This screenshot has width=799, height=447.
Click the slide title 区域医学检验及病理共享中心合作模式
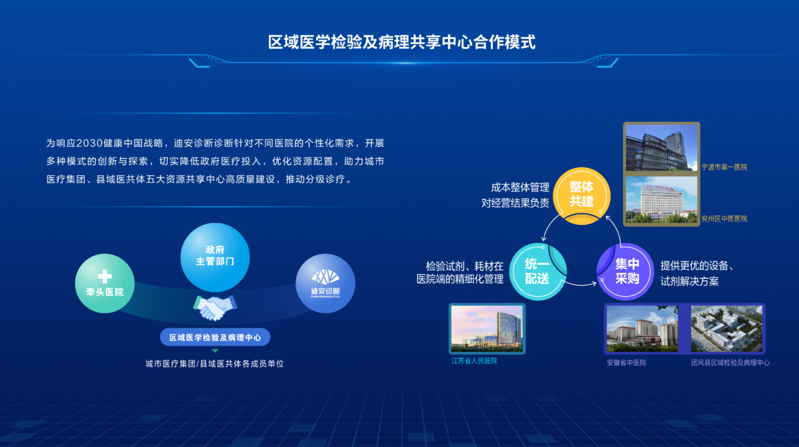point(402,42)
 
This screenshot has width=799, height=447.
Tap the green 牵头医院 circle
point(105,284)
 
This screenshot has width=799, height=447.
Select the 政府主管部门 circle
point(215,257)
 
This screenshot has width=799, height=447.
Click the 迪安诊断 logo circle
point(325,283)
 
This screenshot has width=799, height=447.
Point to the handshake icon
point(215,307)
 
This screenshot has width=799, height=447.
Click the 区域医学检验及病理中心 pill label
point(215,337)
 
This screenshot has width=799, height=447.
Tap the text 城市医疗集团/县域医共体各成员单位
point(215,364)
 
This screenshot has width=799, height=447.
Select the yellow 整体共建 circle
point(581,195)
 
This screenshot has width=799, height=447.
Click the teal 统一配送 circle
point(537,271)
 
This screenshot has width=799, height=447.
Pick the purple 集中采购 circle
point(626,271)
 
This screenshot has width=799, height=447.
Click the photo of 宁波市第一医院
point(661,148)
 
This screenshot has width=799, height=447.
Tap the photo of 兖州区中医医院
point(661,200)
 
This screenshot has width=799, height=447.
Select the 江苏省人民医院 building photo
point(487,328)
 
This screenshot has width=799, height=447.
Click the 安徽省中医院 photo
point(642,329)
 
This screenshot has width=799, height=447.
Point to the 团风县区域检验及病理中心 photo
point(726,329)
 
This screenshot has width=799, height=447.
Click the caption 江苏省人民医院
point(474,361)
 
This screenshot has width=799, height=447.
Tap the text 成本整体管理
point(520,187)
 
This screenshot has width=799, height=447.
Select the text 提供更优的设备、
point(696,266)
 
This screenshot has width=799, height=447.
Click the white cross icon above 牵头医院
point(105,276)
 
